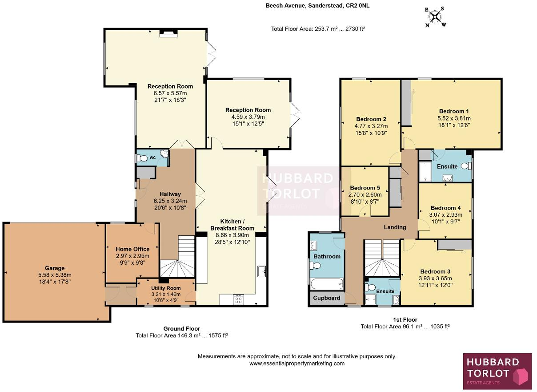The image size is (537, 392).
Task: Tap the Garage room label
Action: [55, 268]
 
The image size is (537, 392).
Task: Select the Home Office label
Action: [132, 249]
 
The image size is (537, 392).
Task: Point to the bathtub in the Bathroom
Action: [327, 283]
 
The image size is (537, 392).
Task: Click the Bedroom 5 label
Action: [365, 188]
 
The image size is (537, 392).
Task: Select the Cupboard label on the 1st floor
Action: [327, 298]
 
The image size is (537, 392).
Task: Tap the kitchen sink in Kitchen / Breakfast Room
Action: [261, 271]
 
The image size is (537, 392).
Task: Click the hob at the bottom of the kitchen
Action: [238, 300]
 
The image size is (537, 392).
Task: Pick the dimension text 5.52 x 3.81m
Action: [454, 118]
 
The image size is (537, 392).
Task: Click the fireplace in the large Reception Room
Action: [168, 32]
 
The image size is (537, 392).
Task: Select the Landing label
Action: [395, 227]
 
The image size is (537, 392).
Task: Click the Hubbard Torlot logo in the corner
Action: [497, 370]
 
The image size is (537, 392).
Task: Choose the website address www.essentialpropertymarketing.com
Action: [297, 364]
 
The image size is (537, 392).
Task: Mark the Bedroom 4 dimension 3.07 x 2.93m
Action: [445, 215]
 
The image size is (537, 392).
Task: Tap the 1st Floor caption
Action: [405, 319]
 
